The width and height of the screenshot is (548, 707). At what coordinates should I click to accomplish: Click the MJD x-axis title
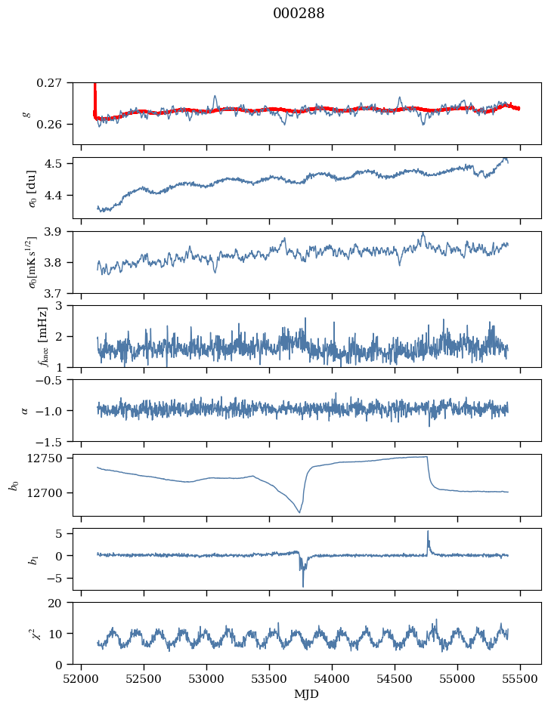(x=307, y=693)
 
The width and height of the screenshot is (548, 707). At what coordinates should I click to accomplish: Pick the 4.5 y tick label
(x=58, y=164)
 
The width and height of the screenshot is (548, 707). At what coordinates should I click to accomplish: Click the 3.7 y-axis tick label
(x=58, y=292)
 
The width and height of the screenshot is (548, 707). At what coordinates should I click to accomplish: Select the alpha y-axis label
(x=25, y=410)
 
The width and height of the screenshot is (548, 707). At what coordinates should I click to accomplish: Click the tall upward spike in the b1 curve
(x=428, y=532)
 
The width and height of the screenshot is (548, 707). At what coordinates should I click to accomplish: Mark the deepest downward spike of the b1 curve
(x=303, y=585)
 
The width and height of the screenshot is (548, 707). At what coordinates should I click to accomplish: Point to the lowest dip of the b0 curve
(x=299, y=512)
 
